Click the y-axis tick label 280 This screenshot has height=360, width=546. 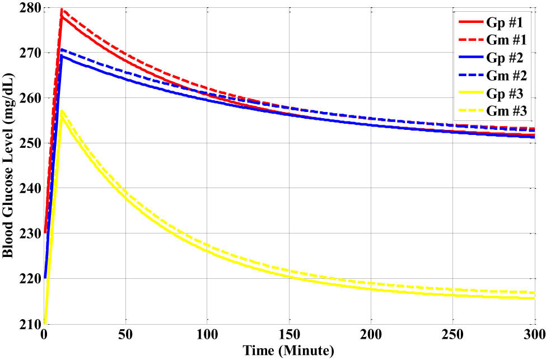pos(29,8)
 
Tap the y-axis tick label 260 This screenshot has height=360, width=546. pos(29,98)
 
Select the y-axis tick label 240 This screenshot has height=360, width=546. pos(29,188)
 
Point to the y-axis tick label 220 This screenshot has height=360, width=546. pos(29,278)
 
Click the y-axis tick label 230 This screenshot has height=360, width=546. pos(29,233)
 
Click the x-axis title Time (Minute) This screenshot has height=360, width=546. pos(288,351)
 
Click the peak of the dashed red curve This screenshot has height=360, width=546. pos(62,10)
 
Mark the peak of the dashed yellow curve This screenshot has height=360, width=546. pos(62,110)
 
